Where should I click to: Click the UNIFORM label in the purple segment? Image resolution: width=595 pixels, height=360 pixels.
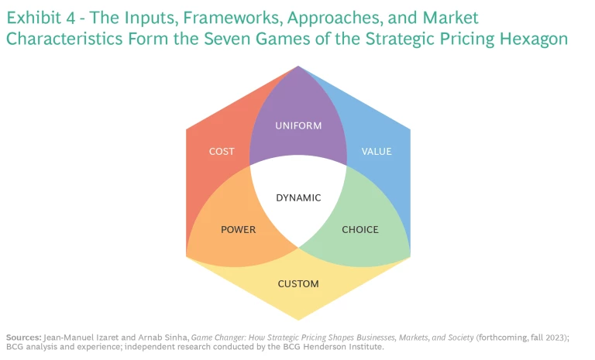pyautogui.click(x=298, y=125)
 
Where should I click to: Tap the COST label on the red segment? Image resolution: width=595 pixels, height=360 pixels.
pyautogui.click(x=222, y=152)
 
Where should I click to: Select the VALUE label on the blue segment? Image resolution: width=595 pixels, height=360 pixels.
pyautogui.click(x=377, y=152)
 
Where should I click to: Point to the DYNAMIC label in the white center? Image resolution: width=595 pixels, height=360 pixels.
pyautogui.click(x=298, y=197)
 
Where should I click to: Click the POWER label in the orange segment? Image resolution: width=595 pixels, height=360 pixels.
pyautogui.click(x=238, y=229)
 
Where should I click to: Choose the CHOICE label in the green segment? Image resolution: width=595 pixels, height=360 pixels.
pyautogui.click(x=360, y=229)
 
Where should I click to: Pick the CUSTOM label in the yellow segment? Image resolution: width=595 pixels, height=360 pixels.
pyautogui.click(x=298, y=284)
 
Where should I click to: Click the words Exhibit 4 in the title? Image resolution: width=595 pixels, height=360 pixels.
pyautogui.click(x=42, y=18)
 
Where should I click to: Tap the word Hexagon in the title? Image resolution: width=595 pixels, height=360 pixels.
pyautogui.click(x=533, y=38)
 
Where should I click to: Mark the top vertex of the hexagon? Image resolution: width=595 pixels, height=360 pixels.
pyautogui.click(x=298, y=66)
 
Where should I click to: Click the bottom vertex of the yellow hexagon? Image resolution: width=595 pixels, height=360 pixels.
pyautogui.click(x=298, y=320)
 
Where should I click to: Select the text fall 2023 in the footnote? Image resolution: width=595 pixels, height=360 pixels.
pyautogui.click(x=535, y=338)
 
